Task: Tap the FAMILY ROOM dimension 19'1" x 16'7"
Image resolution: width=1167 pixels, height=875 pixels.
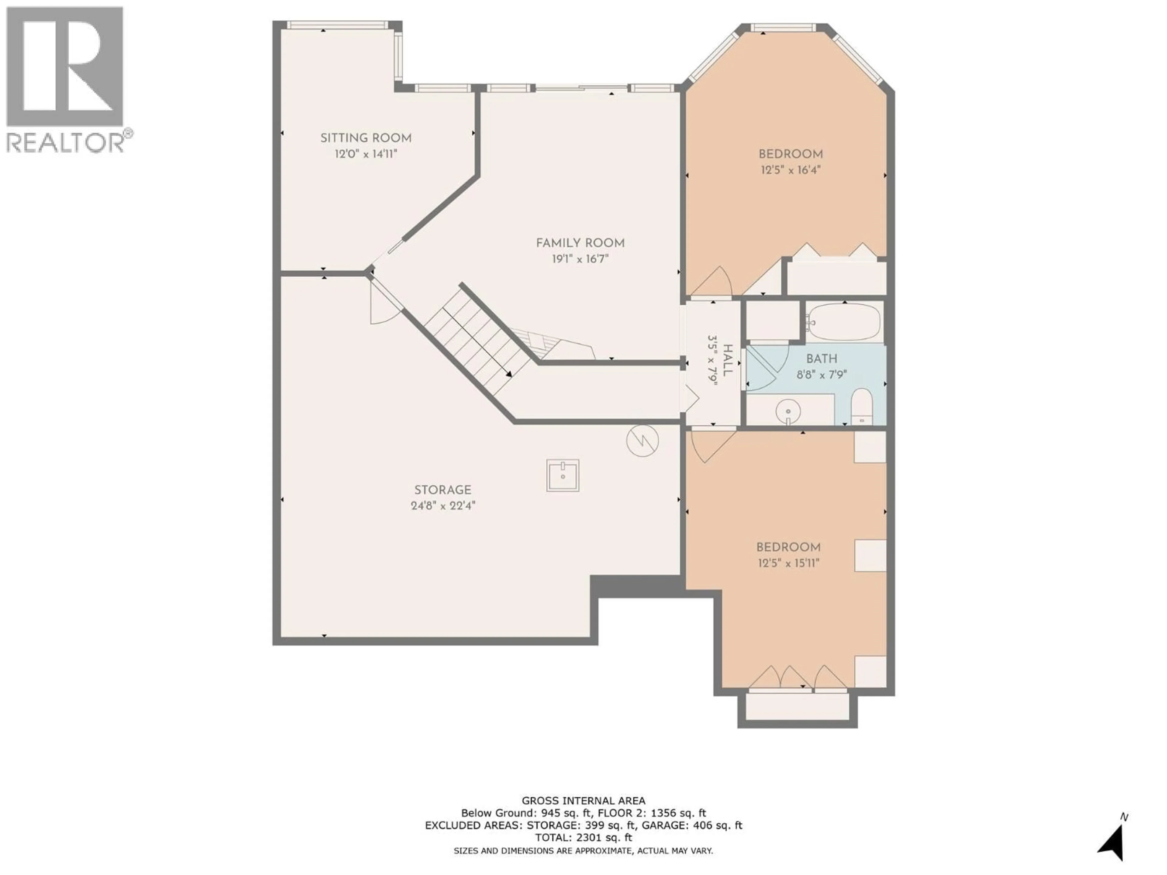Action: coord(580,259)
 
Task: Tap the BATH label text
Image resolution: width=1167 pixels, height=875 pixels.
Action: coord(821,359)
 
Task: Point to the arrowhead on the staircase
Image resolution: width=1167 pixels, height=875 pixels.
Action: coord(508,374)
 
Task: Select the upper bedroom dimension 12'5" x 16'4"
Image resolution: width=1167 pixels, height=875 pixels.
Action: coord(790,170)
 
